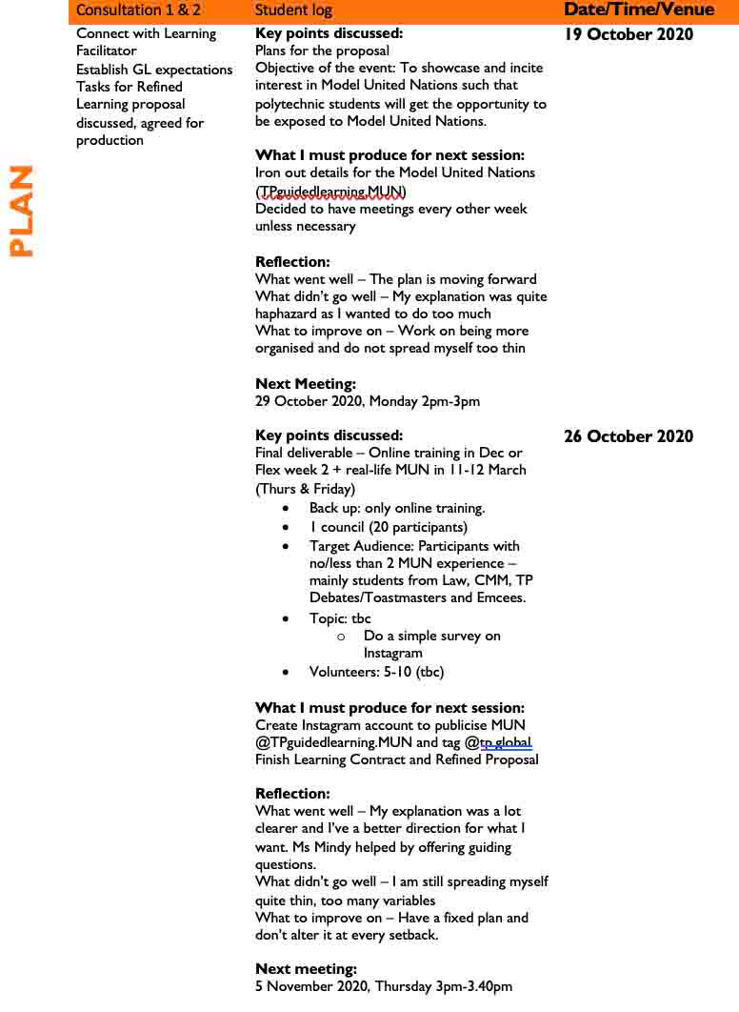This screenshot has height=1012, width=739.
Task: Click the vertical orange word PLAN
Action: (x=21, y=211)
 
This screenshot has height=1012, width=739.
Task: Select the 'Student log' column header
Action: (x=293, y=10)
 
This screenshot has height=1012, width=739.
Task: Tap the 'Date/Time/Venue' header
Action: (x=638, y=10)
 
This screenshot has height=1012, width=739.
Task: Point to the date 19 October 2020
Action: (x=629, y=35)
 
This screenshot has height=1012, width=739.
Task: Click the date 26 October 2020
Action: (x=629, y=436)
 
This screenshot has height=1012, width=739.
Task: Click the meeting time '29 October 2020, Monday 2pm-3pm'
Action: (x=368, y=401)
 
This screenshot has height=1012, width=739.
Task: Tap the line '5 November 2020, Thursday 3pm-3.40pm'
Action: (x=384, y=986)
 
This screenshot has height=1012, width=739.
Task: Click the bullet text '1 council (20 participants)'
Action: (x=389, y=527)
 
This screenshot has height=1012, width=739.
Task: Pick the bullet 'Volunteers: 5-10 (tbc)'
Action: (x=376, y=672)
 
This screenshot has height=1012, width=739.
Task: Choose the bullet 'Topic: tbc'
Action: (x=340, y=618)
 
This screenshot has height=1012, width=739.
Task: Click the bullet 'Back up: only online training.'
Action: (x=397, y=508)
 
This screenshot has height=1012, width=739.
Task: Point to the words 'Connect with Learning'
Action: (x=146, y=33)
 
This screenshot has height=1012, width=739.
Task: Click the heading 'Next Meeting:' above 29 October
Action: (x=306, y=384)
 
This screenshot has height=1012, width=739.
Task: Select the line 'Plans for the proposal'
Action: (x=322, y=51)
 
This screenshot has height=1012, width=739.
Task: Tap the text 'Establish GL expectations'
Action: (x=154, y=70)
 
